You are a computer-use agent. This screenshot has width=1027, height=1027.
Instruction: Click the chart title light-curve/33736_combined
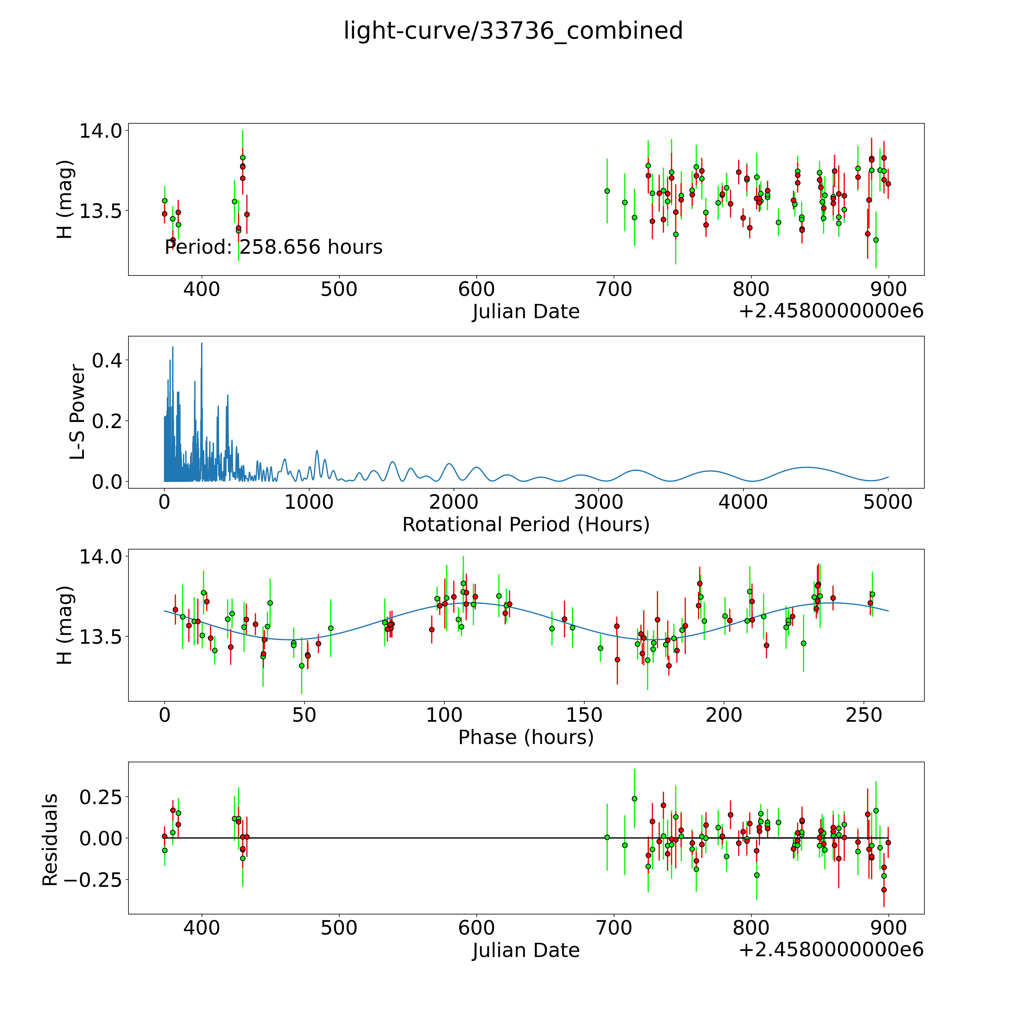pos(513,31)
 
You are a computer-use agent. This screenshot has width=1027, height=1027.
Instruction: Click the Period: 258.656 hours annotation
pos(273,247)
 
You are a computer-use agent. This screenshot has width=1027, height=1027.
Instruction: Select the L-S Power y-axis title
pos(78,412)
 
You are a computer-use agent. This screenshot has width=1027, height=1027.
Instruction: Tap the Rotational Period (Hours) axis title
pos(526,525)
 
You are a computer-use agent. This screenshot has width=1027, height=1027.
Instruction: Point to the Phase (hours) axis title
pos(526,737)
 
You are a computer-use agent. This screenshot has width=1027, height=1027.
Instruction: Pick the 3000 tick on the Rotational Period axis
pos(599,502)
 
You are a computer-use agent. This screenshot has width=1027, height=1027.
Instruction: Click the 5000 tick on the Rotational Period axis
pos(888,502)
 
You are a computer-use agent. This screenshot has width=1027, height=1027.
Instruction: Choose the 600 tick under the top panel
pos(476,290)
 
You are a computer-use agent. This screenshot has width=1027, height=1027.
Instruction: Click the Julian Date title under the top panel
pos(526,312)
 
